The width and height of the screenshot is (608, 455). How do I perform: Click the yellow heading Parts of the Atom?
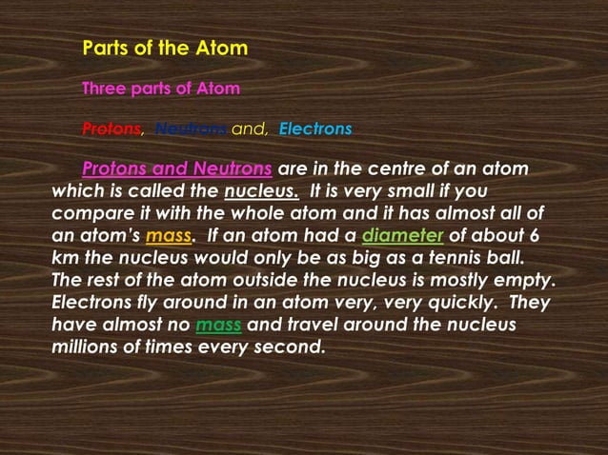(165, 48)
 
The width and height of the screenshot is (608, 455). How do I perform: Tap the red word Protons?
(111, 129)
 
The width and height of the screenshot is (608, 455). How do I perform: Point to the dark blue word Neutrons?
(191, 129)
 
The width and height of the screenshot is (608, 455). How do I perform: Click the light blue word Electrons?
(315, 129)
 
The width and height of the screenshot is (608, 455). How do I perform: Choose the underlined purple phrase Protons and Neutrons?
(177, 170)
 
